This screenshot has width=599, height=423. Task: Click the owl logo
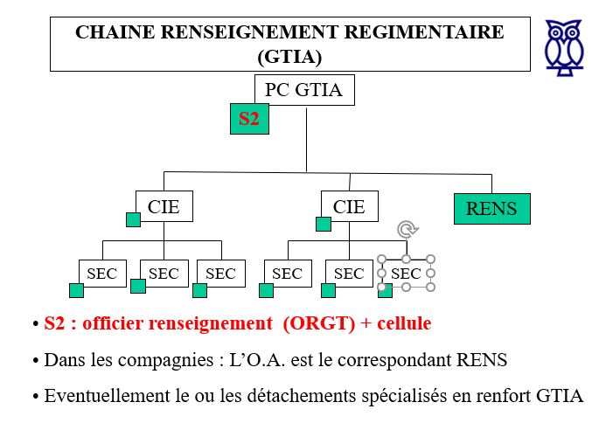coord(564,45)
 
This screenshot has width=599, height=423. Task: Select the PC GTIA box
coord(303,89)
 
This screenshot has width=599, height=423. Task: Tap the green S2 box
coord(249,119)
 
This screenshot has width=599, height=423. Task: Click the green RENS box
coord(491,209)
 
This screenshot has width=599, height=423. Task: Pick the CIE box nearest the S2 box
coord(164,206)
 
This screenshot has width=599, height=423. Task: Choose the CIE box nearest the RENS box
coord(349,206)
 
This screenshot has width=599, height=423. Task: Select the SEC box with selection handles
coord(407,274)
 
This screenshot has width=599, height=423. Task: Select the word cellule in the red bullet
coord(403,323)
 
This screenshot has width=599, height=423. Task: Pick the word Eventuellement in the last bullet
coord(100,395)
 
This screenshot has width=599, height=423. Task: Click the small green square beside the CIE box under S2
coord(133,219)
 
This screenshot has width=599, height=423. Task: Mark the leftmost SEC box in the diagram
coord(102,274)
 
